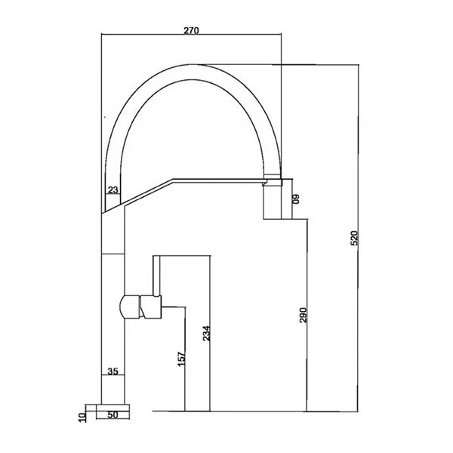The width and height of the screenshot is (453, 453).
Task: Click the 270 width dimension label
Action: [x=192, y=30]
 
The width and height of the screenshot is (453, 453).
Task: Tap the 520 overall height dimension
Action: [x=354, y=238]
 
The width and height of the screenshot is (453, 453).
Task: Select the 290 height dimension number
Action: [x=303, y=315]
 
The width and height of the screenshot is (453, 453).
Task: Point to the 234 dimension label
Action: [x=206, y=334]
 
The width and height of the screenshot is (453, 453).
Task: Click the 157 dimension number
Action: [x=181, y=359]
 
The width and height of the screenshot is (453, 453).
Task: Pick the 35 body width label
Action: [x=113, y=371]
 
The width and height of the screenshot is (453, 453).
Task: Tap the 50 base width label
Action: [x=113, y=414]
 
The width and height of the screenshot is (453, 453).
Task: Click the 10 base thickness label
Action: [x=82, y=418]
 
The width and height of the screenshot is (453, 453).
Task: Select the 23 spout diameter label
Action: [x=113, y=190]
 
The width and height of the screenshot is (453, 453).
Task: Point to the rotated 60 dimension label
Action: [x=297, y=199]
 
